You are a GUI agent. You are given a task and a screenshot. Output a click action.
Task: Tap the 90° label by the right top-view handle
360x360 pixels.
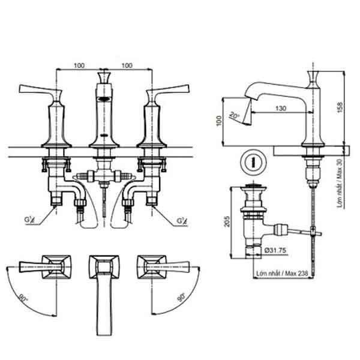(x=181, y=298)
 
